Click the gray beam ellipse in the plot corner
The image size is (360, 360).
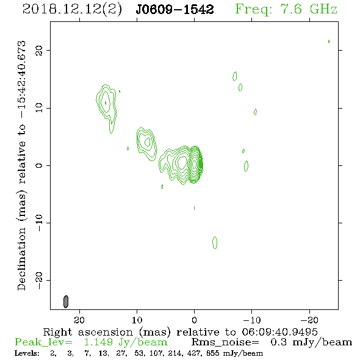point(66,301)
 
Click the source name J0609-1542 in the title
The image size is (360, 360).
point(175,9)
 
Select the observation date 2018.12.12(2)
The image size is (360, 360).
point(72,10)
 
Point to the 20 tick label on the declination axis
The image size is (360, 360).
point(39,51)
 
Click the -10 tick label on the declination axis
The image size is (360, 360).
point(39,223)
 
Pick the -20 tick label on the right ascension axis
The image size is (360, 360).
point(309,320)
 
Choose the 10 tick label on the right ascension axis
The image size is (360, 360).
point(137,320)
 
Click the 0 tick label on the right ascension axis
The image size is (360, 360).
point(194,320)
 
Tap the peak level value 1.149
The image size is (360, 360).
point(98,342)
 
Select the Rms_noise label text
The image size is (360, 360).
point(225,342)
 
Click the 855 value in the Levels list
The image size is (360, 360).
point(212,353)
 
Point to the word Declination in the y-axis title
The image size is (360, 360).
point(21,259)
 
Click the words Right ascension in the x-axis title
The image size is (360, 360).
point(88,332)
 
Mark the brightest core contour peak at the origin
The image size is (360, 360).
point(195,164)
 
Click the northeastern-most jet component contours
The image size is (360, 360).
point(106,108)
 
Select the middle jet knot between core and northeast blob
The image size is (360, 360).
point(146,144)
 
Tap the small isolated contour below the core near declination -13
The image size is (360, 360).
point(215,242)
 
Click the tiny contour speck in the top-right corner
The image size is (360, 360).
point(329,41)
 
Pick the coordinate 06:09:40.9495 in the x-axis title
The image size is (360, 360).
point(279,332)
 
